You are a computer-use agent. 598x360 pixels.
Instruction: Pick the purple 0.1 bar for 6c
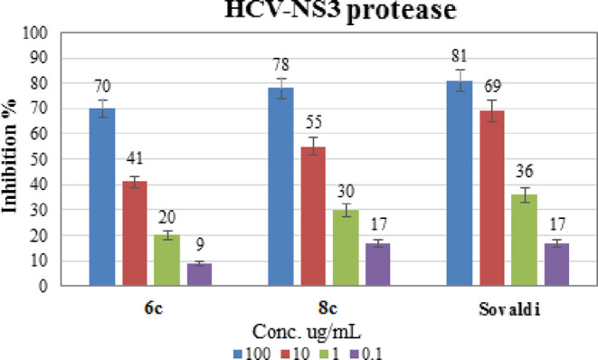pyautogui.click(x=200, y=274)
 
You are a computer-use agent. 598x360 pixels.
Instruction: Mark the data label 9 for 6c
pyautogui.click(x=200, y=242)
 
